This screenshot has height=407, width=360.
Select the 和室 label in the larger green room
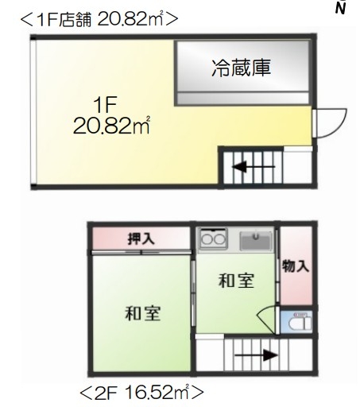pos(143,313)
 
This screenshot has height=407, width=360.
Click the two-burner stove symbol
pos(212,238)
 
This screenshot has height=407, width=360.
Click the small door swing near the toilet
pos(268,321)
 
